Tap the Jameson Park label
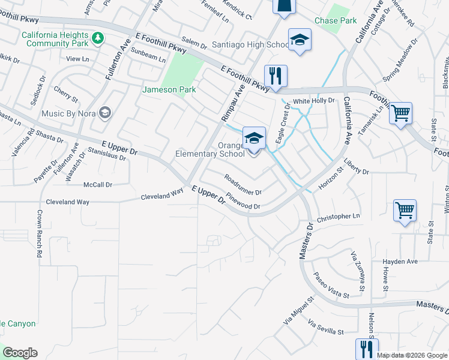(x=169, y=90)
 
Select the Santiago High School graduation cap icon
(x=300, y=40)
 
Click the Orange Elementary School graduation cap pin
(x=254, y=139)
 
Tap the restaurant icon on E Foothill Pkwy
(x=276, y=76)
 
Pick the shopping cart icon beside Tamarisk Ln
(x=400, y=113)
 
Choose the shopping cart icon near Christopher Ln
(x=405, y=211)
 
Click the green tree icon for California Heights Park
(x=98, y=38)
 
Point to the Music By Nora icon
(x=105, y=113)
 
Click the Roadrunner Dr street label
(x=243, y=185)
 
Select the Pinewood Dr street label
(x=243, y=202)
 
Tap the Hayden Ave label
(x=400, y=262)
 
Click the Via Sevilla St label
(x=325, y=328)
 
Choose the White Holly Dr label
(x=313, y=101)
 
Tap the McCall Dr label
(x=98, y=185)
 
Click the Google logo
(x=20, y=353)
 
